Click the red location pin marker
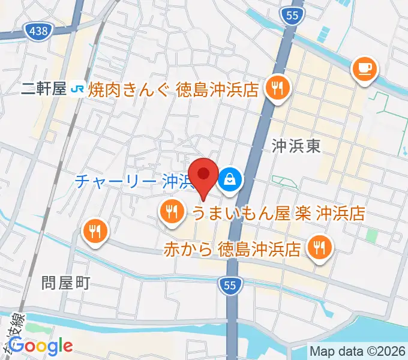click(x=204, y=175)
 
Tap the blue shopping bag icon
click(x=230, y=178)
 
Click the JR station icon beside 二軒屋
click(x=77, y=89)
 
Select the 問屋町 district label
click(x=66, y=282)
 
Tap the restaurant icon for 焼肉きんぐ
click(x=278, y=89)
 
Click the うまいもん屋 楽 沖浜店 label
click(x=278, y=212)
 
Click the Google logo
click(x=40, y=346)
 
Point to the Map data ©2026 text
click(x=356, y=350)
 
